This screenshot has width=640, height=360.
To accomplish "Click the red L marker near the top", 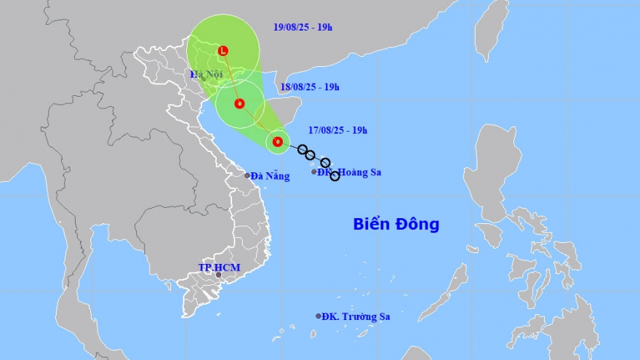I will pos(223,50).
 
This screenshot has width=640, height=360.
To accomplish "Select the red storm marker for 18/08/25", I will pos(239,103).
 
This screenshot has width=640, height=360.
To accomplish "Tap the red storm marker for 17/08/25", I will pos(277,142).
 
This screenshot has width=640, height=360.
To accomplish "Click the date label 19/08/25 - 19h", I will pos(303,29).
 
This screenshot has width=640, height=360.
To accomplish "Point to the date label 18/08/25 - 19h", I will pos(310,87).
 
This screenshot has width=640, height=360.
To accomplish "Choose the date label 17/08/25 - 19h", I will pos(337,131).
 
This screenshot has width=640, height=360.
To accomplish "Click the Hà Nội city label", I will pos(207,74).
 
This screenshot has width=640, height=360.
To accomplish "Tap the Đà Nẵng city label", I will pos(271,176).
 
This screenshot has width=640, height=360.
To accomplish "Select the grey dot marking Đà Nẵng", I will pos(247,175).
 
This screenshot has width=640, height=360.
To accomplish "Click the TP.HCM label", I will pos(219,268).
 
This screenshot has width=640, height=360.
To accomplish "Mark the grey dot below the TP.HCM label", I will pos(218,275).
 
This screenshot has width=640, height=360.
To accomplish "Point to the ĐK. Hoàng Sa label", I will pos(349,172).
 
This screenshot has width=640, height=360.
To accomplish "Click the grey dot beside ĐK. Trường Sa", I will pos(319,316).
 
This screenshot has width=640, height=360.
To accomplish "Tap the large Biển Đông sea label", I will pos(396,224).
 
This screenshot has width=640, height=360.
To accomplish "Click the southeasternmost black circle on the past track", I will pos(335,176).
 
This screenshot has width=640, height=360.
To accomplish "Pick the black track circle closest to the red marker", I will pos(303,149).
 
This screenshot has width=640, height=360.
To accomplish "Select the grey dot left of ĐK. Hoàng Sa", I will pos(314,172).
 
